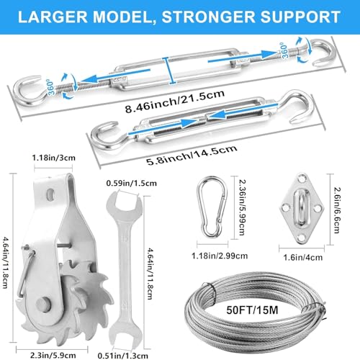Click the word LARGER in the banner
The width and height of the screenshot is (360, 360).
click(53, 17)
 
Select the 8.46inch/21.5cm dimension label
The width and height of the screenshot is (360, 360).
click(175, 102)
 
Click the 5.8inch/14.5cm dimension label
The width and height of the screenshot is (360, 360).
click(192, 155)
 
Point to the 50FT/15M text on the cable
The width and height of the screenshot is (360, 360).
click(252, 310)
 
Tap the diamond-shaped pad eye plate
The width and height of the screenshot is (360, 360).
click(302, 208)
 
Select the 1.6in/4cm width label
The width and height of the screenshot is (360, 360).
click(303, 258)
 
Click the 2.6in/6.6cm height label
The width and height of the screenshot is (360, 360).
click(337, 210)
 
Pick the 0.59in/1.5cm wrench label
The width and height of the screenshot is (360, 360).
click(132, 184)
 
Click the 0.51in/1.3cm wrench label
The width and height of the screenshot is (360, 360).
click(123, 356)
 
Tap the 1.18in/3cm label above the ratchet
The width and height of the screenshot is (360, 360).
click(54, 158)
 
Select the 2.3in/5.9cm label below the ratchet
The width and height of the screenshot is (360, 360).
click(53, 355)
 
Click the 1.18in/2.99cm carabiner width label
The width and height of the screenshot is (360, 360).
click(220, 256)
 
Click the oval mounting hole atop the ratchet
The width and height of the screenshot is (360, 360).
click(50, 194)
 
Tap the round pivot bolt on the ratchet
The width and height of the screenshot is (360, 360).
click(44, 305)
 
